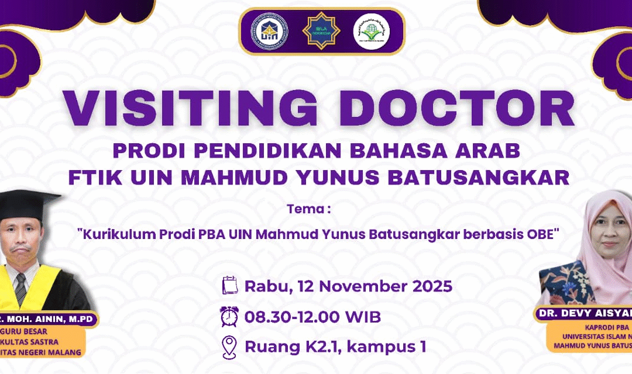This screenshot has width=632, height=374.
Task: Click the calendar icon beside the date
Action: (230, 286)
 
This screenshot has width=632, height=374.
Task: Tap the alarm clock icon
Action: (229, 317)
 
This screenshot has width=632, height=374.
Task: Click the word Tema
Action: (302, 209)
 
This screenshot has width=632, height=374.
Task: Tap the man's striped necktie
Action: (20, 286)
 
